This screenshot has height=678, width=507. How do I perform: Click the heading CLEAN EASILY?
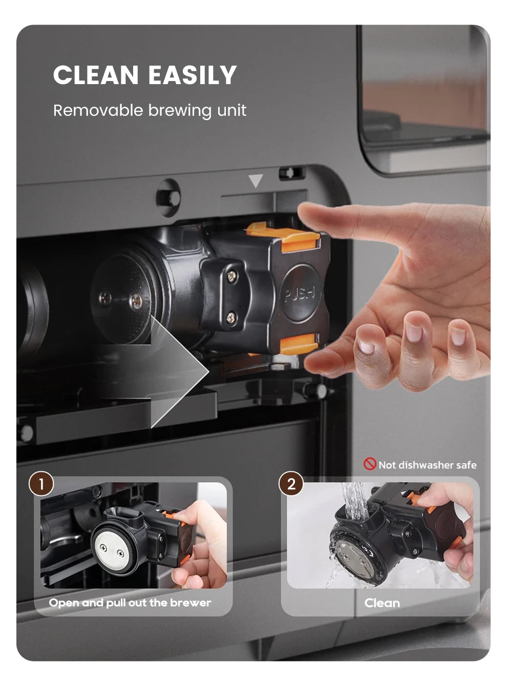[x=145, y=75]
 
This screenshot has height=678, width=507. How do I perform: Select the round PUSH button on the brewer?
[x=301, y=294]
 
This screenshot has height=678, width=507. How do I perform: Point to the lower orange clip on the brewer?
[x=300, y=343]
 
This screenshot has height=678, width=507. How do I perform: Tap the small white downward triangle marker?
[x=256, y=181]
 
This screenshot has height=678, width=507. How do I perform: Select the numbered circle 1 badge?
[x=41, y=484]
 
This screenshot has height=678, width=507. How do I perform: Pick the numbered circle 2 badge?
[x=291, y=484]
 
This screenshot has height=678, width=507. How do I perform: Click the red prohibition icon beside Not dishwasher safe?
[x=370, y=464]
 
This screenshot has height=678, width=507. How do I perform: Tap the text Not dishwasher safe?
[x=427, y=465]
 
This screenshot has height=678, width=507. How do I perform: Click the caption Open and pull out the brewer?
[x=130, y=603]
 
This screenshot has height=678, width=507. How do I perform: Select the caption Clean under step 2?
[x=382, y=603]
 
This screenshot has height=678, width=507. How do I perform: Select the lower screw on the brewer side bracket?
[x=231, y=317]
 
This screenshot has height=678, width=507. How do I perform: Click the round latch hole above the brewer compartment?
[x=168, y=196]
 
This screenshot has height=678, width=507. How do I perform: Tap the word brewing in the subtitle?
[x=180, y=111]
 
